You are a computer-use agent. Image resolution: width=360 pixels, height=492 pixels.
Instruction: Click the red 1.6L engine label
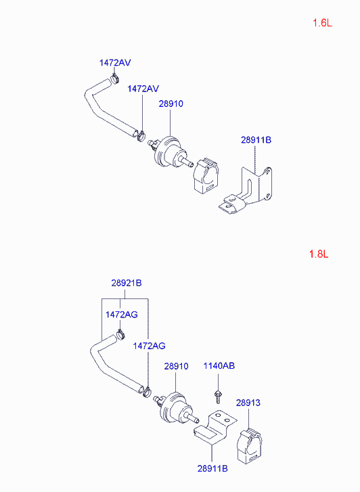(x=322, y=23)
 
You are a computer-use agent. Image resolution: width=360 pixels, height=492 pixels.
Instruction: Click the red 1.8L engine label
(x=318, y=254)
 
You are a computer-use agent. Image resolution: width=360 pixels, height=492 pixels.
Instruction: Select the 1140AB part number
(x=219, y=366)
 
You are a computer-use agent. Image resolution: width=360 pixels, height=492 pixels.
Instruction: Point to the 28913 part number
(x=248, y=403)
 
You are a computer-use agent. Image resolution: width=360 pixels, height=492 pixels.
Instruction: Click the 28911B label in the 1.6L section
(x=256, y=140)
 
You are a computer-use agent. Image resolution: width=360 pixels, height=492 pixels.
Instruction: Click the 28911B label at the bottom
(x=212, y=468)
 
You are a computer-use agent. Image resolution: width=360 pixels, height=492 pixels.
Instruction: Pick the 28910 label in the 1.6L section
(x=171, y=104)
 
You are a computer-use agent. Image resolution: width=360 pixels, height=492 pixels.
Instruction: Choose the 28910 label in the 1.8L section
(x=176, y=366)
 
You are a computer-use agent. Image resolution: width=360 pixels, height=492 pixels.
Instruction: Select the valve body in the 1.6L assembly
(x=169, y=152)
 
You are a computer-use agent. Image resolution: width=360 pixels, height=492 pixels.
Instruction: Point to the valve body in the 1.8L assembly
(x=173, y=408)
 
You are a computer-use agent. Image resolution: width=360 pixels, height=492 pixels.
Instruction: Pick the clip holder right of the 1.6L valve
(x=206, y=175)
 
